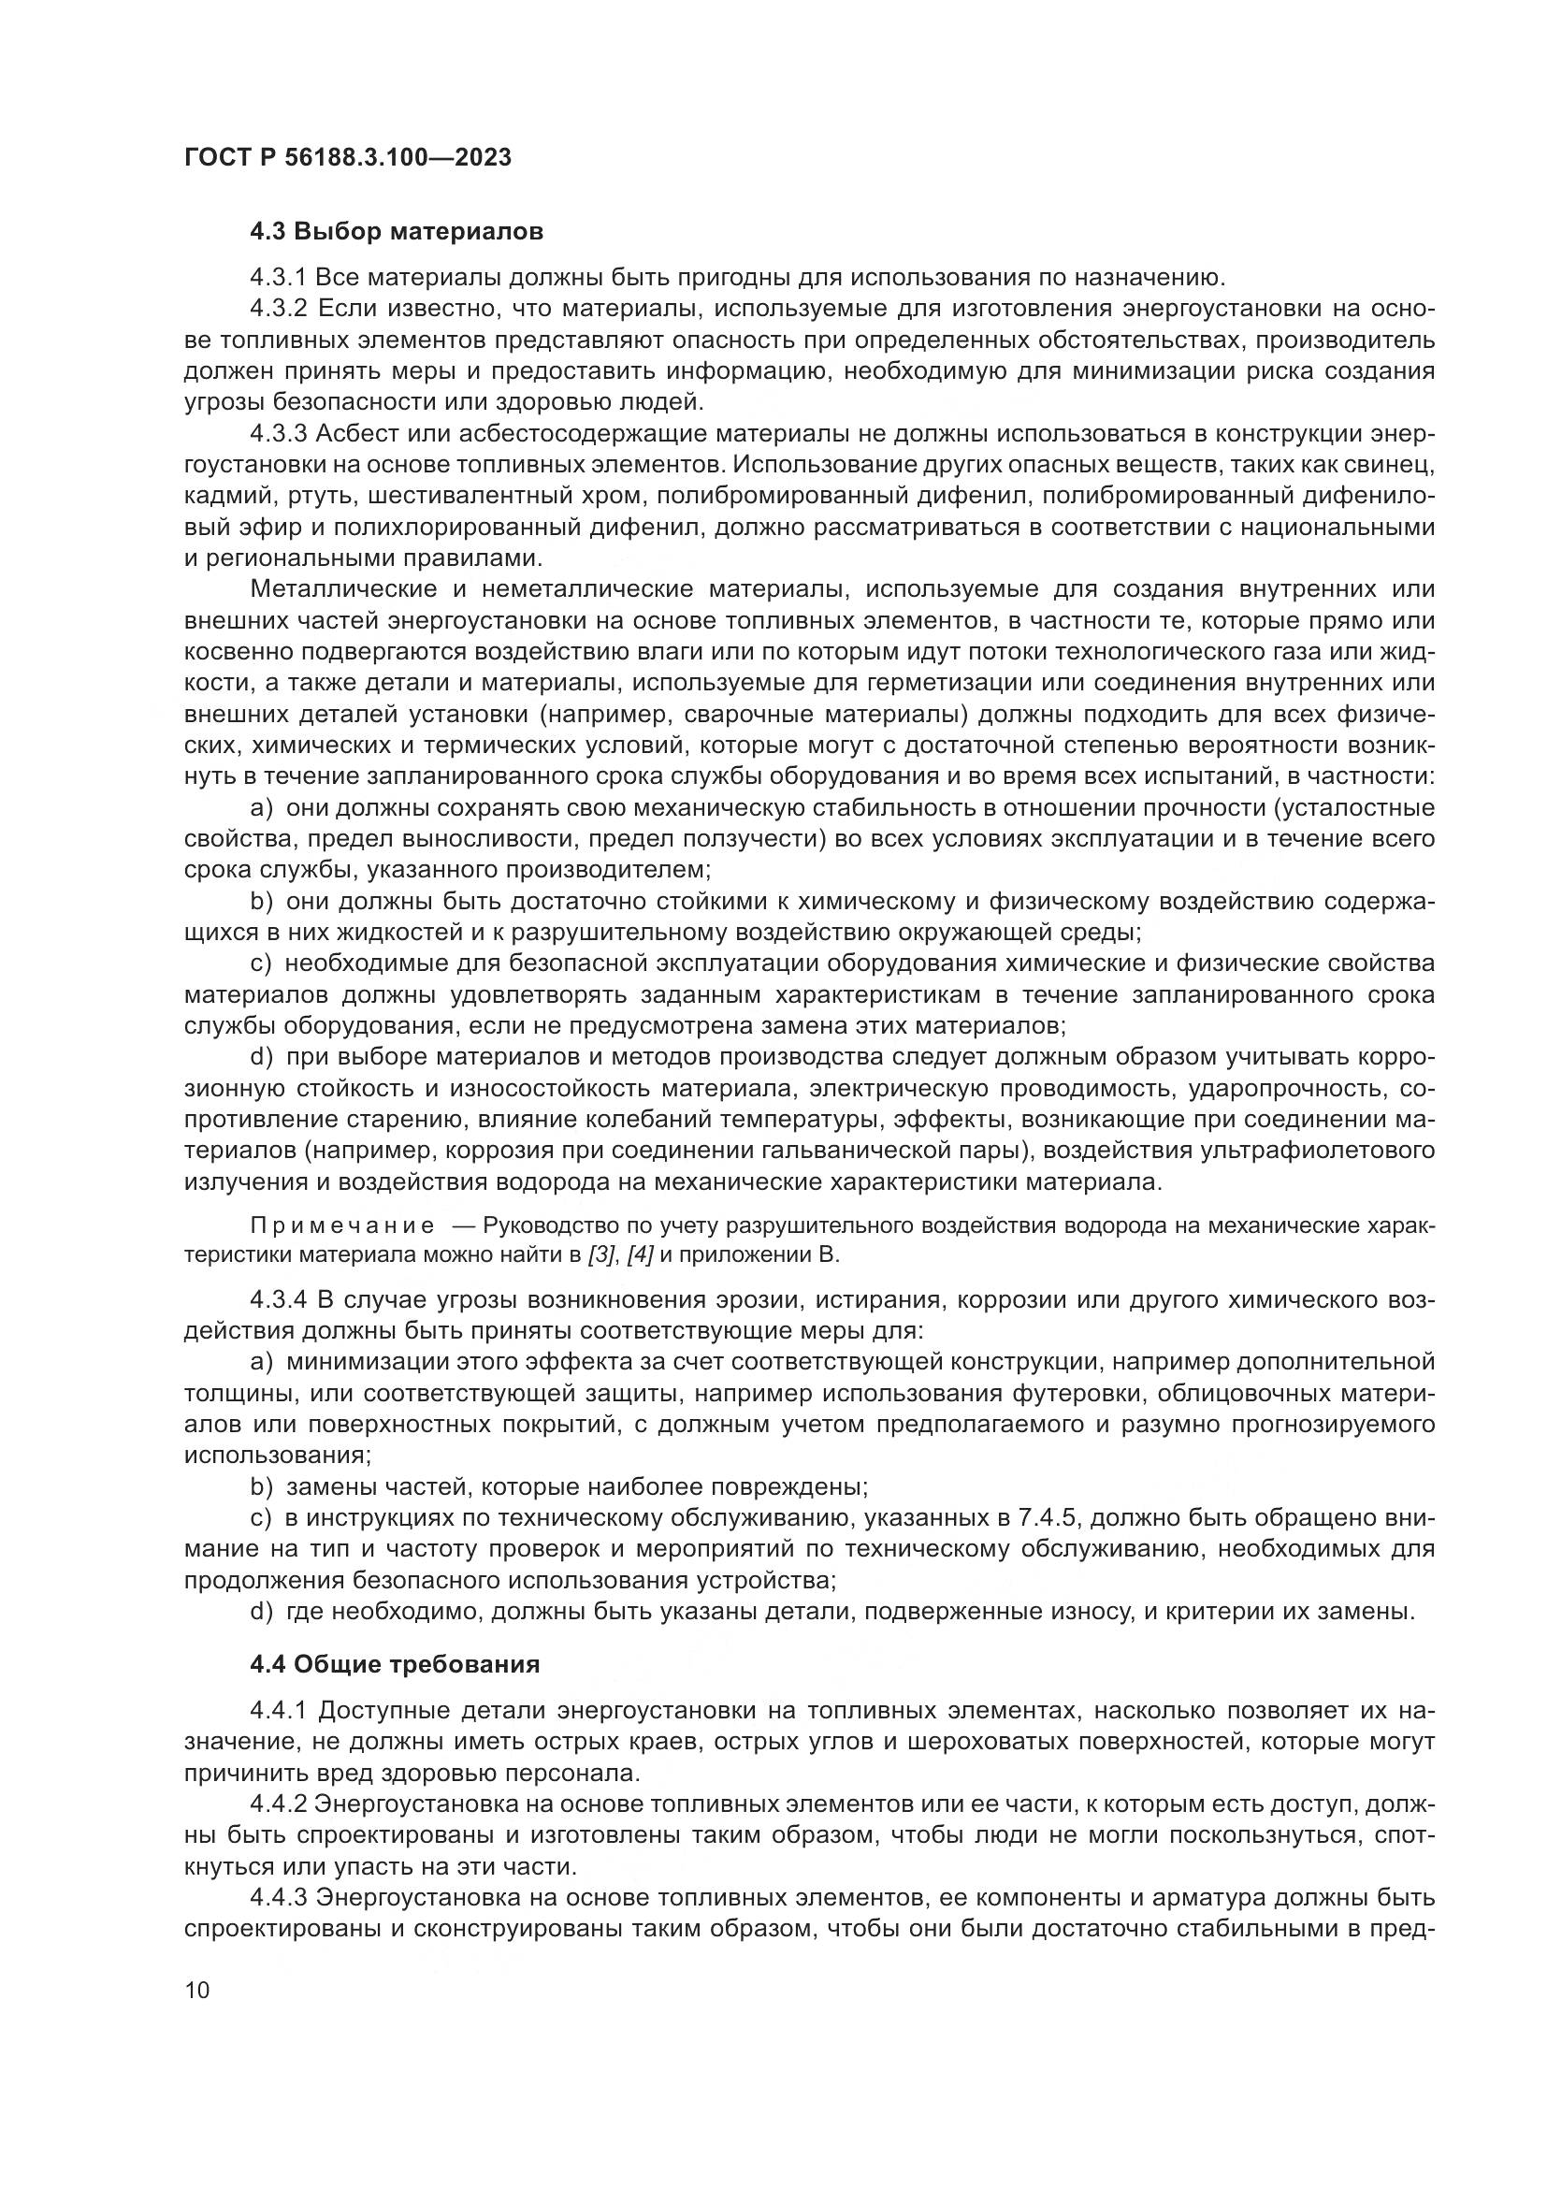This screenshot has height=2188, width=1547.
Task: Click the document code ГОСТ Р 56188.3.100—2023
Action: click(348, 157)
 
